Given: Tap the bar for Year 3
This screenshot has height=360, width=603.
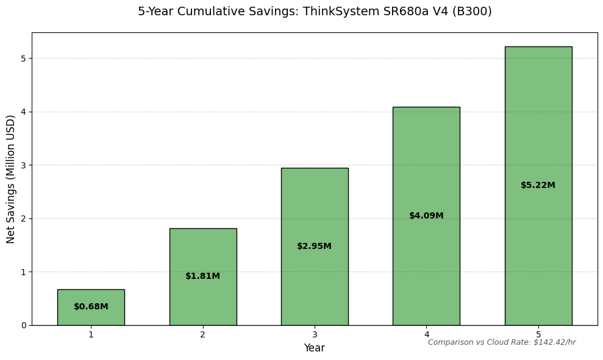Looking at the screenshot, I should (315, 207).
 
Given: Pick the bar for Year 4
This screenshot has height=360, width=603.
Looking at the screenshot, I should (426, 171).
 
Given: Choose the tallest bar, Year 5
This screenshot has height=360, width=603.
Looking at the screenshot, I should (538, 122).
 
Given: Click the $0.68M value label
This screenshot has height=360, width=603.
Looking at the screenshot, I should (91, 307).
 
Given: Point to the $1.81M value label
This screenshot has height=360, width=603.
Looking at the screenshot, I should (203, 276).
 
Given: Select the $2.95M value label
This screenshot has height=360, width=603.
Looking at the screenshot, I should (315, 247).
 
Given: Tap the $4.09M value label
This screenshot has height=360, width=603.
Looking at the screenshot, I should (426, 216).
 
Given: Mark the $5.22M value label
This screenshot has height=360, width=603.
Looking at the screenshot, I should (538, 185).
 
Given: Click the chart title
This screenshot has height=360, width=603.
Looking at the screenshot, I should (315, 12).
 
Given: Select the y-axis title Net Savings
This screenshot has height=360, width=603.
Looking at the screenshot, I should (11, 179).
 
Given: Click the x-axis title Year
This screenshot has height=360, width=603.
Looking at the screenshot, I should (315, 348).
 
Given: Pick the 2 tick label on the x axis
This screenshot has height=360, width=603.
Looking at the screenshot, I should (203, 334).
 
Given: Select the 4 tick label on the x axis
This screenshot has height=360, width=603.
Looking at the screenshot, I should (426, 334).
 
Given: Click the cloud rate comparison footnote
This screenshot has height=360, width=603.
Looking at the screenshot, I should (502, 342).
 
